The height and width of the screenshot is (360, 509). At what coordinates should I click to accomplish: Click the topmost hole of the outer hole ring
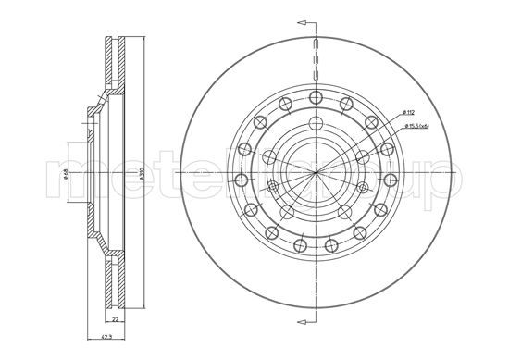[317, 98]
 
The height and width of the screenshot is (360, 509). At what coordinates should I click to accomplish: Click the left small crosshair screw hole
[271, 187]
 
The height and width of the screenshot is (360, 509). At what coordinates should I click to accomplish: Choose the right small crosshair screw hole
[362, 187]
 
